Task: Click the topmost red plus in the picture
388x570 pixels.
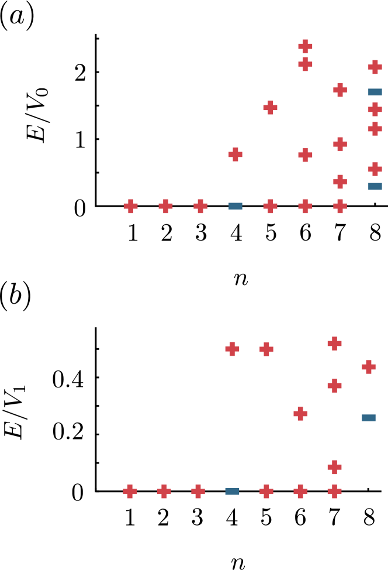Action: pos(305,46)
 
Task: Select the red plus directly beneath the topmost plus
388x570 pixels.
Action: pos(305,64)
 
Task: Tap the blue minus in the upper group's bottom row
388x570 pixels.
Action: pos(235,206)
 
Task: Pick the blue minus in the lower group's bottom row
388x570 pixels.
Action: pos(232,491)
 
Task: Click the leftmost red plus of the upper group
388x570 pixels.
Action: pos(130,206)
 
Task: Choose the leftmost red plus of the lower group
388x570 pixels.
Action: pos(130,491)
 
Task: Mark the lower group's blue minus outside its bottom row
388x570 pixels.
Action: pos(369,417)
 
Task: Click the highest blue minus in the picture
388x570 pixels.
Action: pos(375,92)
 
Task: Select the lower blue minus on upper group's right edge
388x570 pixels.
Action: pos(375,186)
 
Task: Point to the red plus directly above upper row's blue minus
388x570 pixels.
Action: pos(235,154)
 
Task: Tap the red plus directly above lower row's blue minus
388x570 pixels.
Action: pos(232,349)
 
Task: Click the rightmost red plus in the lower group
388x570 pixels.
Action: pos(369,367)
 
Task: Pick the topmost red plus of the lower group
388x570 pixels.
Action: pos(334,344)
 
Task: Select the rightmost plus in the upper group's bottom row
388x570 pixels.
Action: pos(340,206)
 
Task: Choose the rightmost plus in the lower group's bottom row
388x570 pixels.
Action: pos(334,491)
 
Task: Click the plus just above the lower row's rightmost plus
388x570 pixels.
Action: pos(334,467)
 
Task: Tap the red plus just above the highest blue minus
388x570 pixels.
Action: pos(375,67)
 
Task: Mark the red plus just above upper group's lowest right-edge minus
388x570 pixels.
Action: pos(375,169)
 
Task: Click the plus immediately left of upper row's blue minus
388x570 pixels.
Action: pos(200,206)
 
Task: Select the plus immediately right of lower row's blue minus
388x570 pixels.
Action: pos(266,491)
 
